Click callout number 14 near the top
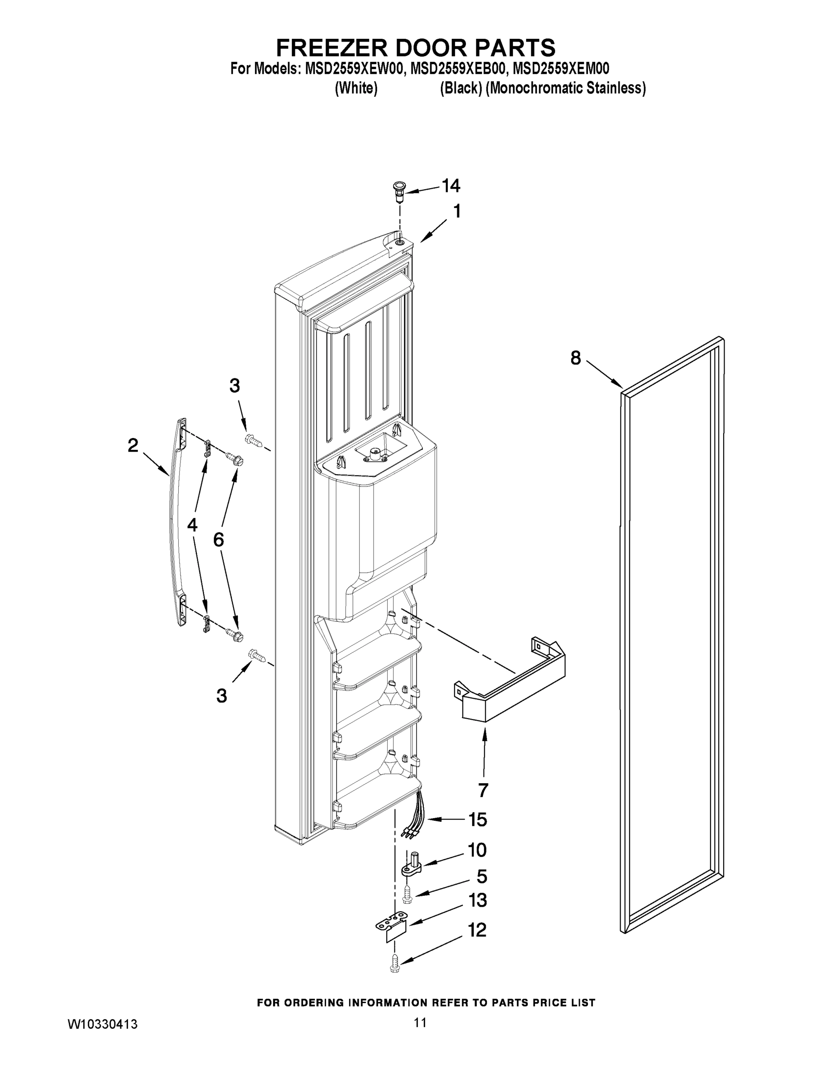tap(451, 186)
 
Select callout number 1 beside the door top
tap(456, 211)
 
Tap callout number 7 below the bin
tap(483, 790)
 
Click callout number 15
tap(478, 819)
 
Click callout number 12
tap(477, 930)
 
